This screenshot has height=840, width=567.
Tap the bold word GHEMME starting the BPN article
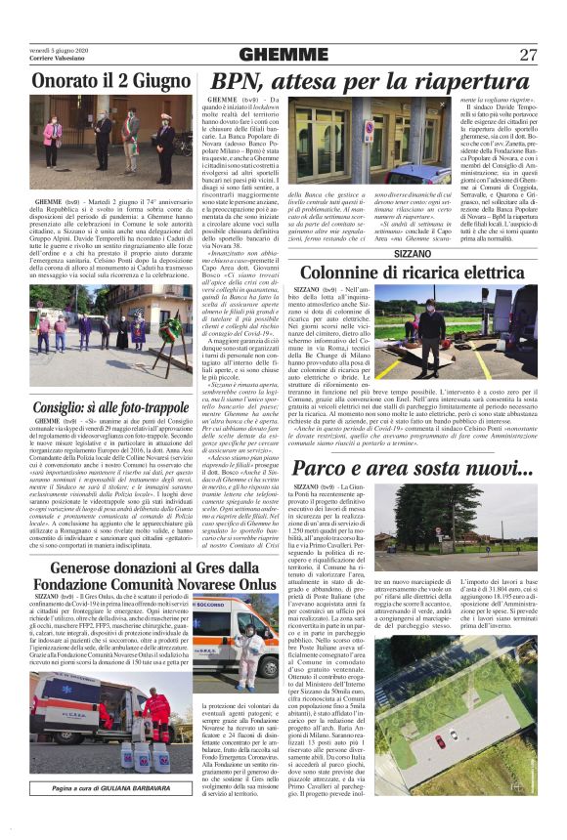[x=226, y=100]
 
